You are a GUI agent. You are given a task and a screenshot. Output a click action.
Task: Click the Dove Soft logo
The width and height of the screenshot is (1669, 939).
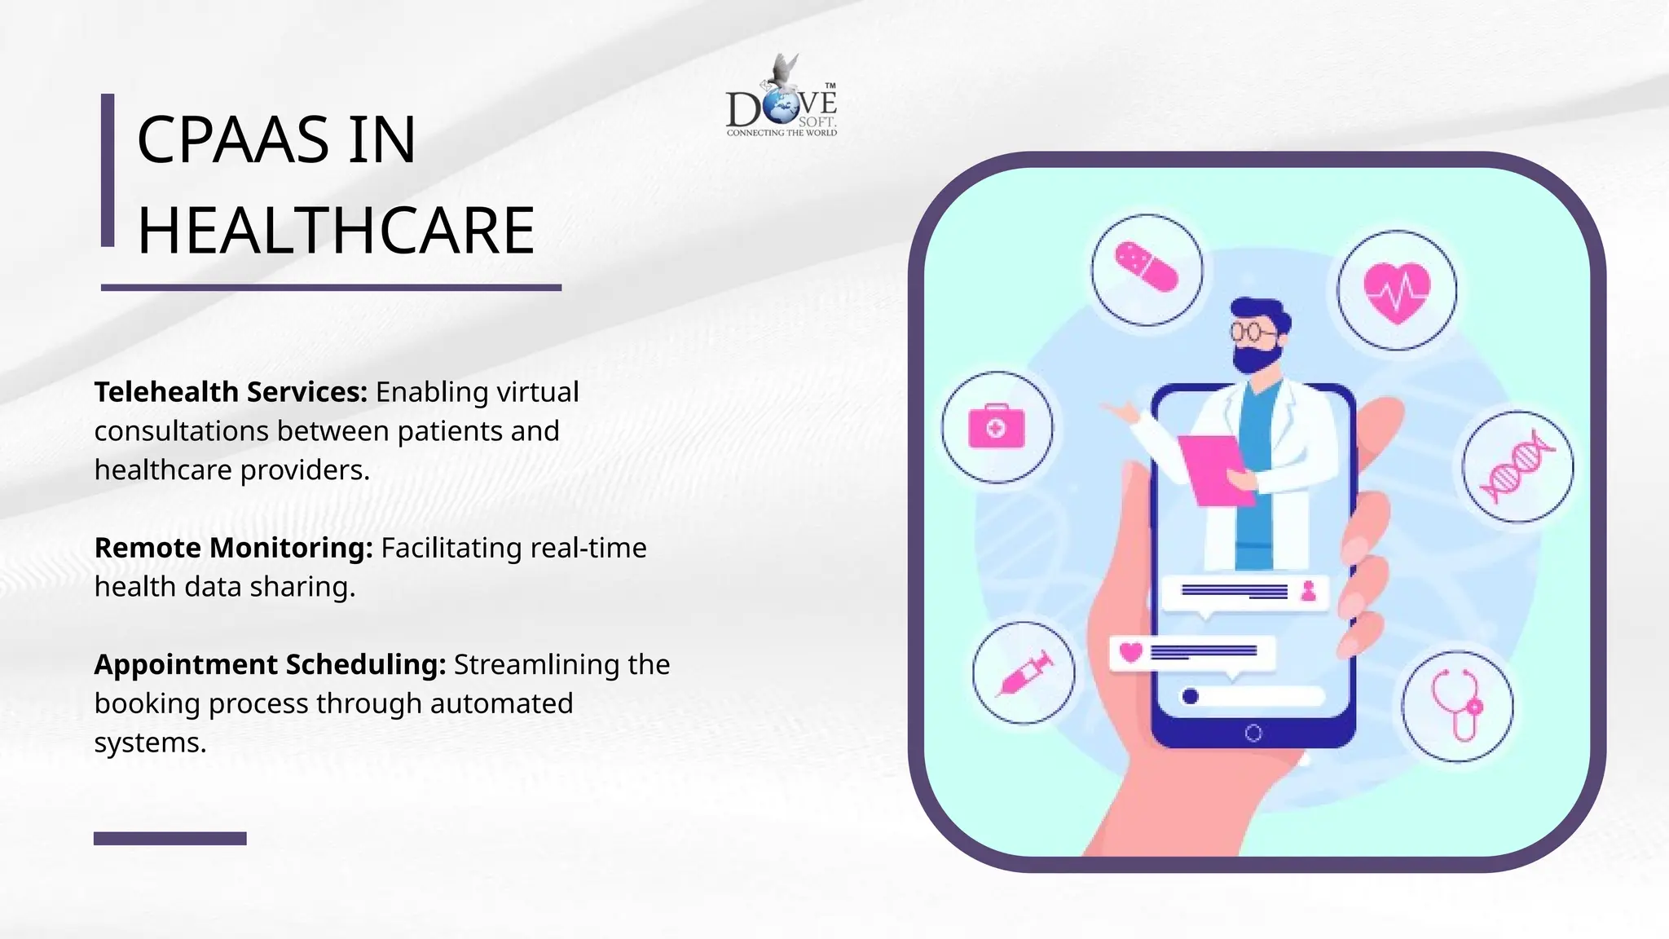781,98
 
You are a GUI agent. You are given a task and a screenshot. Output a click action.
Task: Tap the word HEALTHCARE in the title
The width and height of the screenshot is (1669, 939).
336,231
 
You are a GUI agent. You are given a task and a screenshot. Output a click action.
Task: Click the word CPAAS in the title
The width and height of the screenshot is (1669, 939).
231,139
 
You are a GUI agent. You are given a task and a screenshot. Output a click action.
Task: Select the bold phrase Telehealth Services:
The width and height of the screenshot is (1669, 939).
231,392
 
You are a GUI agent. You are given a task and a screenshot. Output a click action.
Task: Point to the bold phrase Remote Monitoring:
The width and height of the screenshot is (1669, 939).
233,548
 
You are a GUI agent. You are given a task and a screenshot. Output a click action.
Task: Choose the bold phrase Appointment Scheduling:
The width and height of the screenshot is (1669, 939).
270,664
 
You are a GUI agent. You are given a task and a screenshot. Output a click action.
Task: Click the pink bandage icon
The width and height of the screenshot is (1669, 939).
1147,267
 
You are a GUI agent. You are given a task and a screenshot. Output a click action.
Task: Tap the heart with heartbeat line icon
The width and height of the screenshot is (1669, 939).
1397,292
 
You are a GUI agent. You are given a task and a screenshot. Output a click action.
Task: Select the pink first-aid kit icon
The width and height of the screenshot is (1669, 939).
997,427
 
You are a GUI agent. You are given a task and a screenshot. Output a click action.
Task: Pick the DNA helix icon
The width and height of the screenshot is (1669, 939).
1517,467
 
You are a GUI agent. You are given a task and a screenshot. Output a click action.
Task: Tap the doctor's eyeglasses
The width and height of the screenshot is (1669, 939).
1252,331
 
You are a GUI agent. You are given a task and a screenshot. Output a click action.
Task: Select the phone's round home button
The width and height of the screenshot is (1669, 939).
1253,733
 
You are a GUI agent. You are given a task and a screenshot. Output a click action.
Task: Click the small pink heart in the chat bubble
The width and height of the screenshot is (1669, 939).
1131,652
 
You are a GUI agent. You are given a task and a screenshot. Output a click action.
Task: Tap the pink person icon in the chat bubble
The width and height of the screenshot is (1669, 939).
1309,590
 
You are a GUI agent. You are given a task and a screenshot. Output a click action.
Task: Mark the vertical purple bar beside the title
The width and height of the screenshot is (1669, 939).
108,170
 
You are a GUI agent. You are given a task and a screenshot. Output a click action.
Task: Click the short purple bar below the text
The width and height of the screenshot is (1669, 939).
170,838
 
